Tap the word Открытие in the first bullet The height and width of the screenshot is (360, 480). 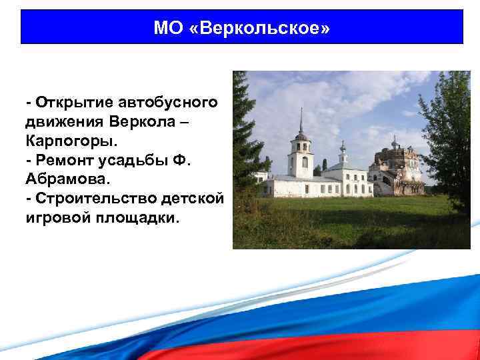[74, 103]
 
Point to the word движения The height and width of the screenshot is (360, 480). [64, 123]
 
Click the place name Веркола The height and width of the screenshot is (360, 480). [141, 123]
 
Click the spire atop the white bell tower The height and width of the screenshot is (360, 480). [301, 120]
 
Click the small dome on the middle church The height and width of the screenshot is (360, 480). [343, 145]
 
